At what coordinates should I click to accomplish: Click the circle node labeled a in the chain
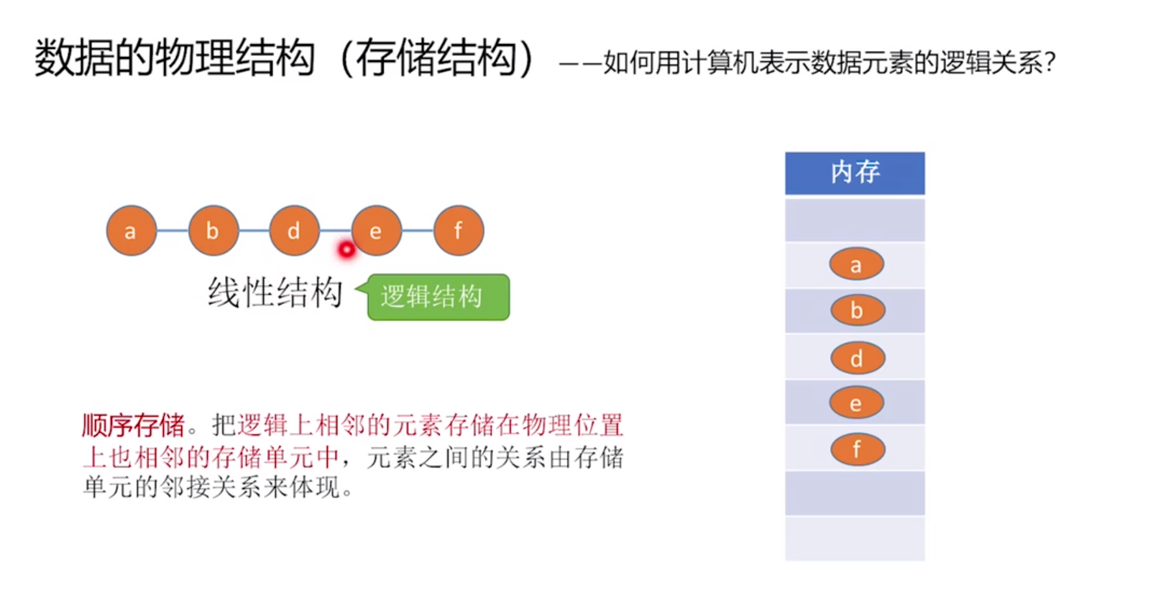[x=131, y=231]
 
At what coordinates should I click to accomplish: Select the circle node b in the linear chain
[x=213, y=231]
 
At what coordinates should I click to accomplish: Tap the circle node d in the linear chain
[x=294, y=231]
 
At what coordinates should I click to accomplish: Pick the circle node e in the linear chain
[x=376, y=231]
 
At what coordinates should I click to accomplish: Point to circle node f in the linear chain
[x=459, y=231]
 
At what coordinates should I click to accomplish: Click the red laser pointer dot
[x=346, y=249]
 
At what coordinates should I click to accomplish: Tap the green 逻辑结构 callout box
[x=437, y=297]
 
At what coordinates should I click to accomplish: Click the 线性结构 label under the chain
[x=275, y=293]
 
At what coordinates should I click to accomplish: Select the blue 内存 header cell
[x=855, y=173]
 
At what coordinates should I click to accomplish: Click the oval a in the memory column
[x=856, y=265]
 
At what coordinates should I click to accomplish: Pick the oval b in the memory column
[x=857, y=311]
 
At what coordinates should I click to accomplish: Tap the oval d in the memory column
[x=857, y=358]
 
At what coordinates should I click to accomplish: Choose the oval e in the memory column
[x=856, y=403]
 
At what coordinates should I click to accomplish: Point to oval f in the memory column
[x=857, y=449]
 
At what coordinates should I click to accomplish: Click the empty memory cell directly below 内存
[x=855, y=219]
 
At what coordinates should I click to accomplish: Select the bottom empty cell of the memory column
[x=855, y=538]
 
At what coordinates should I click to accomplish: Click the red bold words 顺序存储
[x=134, y=426]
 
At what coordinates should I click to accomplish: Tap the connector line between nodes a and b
[x=173, y=231]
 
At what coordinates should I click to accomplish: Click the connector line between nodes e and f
[x=418, y=231]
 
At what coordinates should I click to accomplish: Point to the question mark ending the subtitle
[x=1051, y=63]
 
